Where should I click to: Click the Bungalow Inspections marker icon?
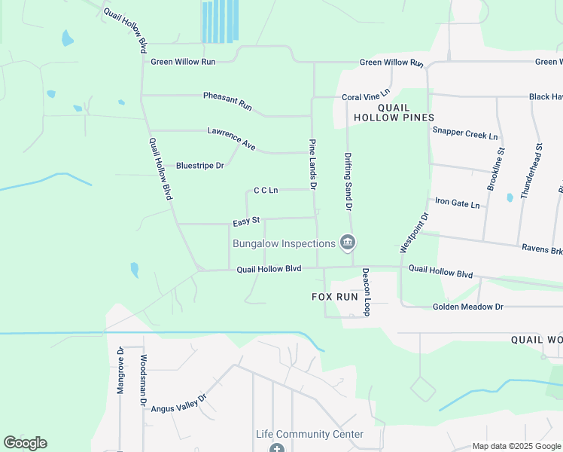[348, 243]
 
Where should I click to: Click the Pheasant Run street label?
[227, 101]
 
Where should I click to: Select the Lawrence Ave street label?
[232, 139]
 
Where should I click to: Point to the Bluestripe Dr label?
[199, 165]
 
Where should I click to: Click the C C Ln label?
[266, 191]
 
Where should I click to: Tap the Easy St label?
[246, 221]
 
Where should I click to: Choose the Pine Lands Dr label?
[313, 163]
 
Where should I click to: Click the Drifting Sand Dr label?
[348, 181]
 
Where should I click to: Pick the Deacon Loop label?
[367, 292]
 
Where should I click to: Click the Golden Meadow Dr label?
[467, 307]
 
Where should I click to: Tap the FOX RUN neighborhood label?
[335, 297]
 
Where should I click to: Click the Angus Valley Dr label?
[179, 403]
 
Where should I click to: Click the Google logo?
[25, 443]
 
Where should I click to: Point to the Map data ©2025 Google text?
[516, 446]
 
